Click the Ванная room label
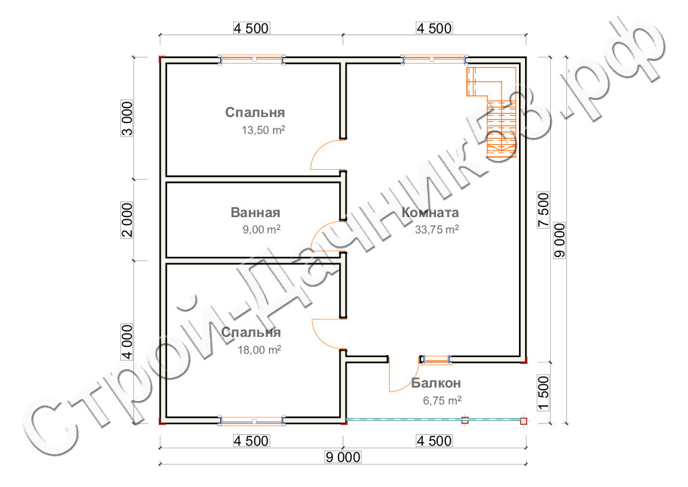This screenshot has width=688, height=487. point(255,212)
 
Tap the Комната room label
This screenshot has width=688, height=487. point(430,212)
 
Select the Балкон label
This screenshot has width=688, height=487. point(436,384)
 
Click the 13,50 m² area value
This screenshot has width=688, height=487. point(264,130)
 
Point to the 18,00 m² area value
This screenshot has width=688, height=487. point(260,350)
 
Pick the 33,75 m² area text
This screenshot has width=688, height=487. point(437,229)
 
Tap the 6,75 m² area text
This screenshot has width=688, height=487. point(442,400)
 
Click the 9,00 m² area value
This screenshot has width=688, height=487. point(262,229)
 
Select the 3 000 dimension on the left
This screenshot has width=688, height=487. point(127,118)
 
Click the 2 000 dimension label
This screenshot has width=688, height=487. point(127,220)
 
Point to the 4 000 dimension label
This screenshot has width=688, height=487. point(127,342)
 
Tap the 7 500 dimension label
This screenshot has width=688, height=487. point(543,210)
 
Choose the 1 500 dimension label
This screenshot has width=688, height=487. point(543,393)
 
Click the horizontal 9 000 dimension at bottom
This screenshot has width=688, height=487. point(343,457)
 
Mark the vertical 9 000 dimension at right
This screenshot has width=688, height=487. point(560,240)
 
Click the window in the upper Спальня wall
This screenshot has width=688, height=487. point(252,60)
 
